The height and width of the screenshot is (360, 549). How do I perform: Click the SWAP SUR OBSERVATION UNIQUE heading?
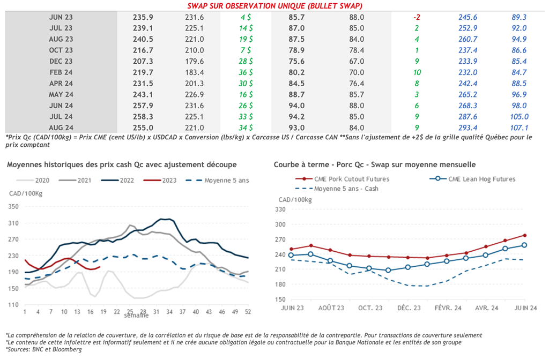click(x=274, y=6)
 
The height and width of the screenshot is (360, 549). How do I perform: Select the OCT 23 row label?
click(x=61, y=50)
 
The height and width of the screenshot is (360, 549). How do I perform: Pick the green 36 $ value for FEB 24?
click(x=247, y=72)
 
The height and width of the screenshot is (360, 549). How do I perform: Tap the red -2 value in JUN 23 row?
click(x=416, y=17)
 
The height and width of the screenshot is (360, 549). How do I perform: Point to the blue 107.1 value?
click(x=520, y=128)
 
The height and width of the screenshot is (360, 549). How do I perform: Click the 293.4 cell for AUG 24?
click(x=468, y=128)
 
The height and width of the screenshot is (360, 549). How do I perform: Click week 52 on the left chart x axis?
click(x=248, y=311)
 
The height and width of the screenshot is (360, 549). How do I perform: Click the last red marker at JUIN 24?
click(x=524, y=235)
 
